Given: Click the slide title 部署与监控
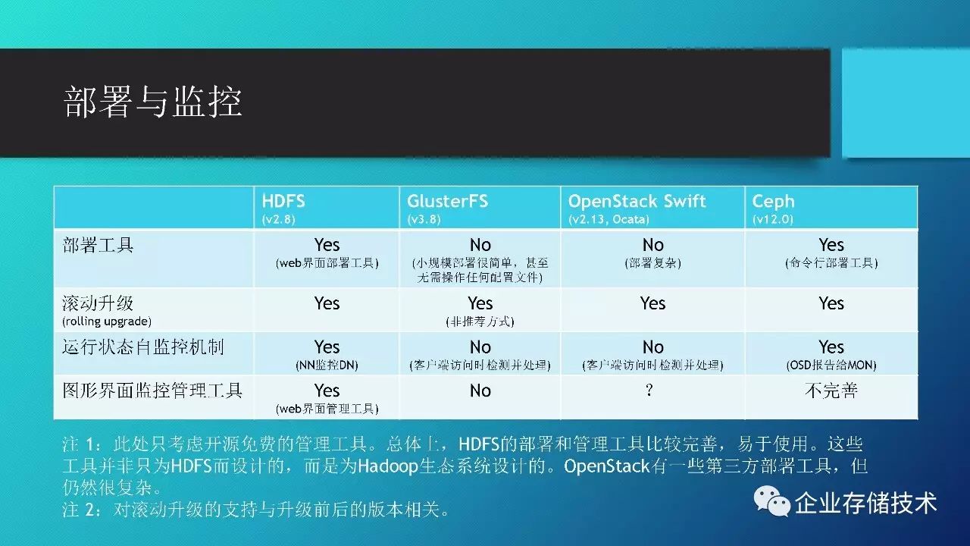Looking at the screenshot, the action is (152, 102).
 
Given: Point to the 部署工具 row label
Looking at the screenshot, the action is (98, 245).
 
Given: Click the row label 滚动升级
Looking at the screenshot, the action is (98, 303).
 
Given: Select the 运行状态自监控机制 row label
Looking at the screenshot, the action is (143, 347).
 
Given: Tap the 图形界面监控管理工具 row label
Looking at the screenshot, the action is (152, 391).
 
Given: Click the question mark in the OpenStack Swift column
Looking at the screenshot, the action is (649, 391).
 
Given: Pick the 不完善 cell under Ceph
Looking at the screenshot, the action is (831, 391).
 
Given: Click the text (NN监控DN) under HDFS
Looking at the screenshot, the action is (327, 366).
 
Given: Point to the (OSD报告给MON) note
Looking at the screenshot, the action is (831, 366).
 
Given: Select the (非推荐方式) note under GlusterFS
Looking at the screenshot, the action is (480, 322).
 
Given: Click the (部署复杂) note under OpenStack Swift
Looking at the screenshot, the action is (652, 263).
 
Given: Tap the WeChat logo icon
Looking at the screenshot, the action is (771, 502).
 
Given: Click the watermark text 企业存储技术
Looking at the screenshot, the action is (865, 503).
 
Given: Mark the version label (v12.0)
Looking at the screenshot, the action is (772, 219).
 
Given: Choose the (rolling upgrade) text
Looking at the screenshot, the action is (107, 322).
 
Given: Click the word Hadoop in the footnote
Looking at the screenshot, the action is (388, 466).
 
